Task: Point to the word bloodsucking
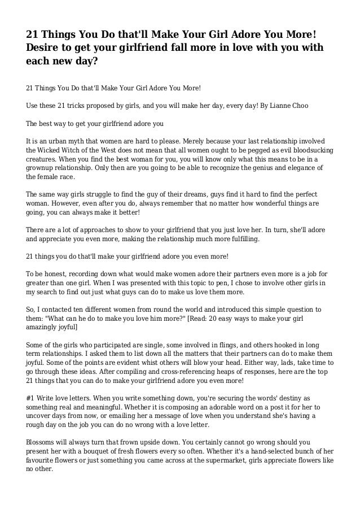coord(309,150)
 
